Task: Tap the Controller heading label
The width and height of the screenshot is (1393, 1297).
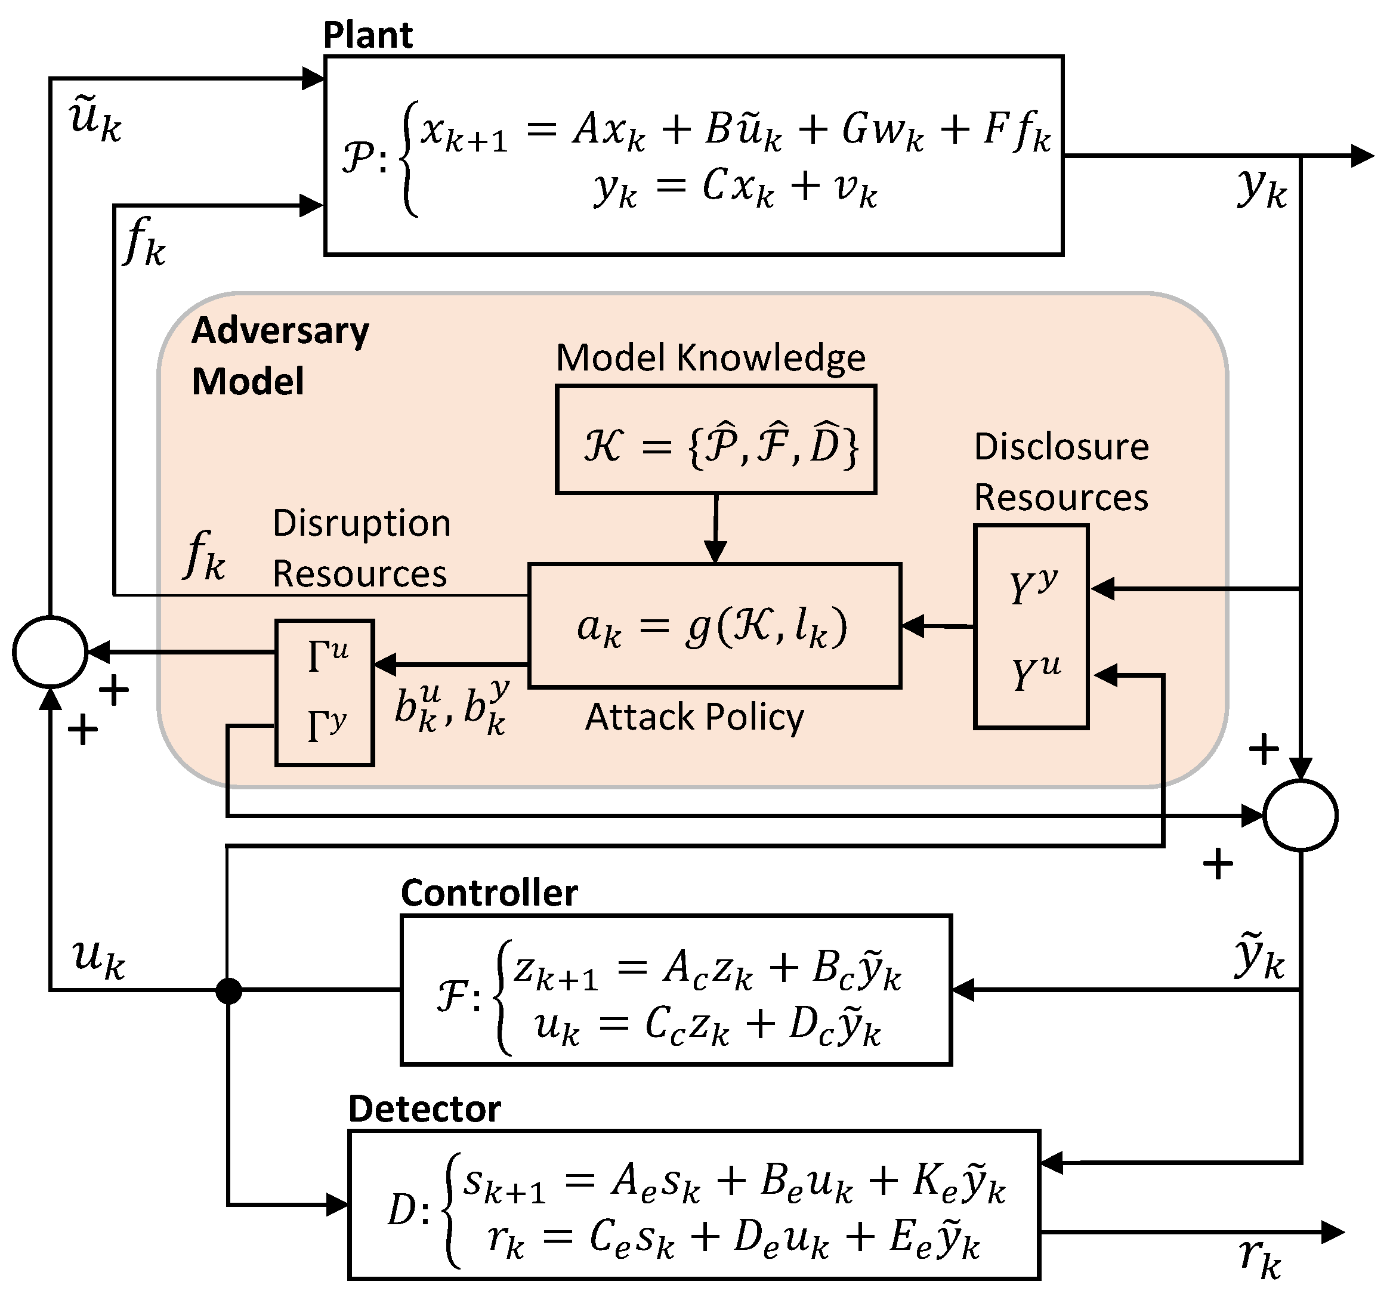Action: click(x=489, y=893)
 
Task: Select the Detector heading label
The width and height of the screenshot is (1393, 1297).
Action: click(x=425, y=1108)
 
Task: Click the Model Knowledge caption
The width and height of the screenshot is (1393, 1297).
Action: click(x=711, y=358)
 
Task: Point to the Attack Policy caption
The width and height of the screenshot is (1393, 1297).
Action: click(x=694, y=717)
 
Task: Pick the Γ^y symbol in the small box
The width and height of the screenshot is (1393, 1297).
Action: click(x=326, y=726)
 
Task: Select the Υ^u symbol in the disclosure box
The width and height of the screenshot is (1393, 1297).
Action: click(x=1035, y=673)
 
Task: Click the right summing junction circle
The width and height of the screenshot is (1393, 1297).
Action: click(x=1301, y=816)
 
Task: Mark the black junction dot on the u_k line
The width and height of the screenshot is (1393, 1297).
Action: click(x=228, y=991)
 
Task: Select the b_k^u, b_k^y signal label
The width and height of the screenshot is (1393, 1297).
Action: click(x=451, y=708)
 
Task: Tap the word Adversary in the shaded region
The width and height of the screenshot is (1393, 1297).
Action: click(x=280, y=331)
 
